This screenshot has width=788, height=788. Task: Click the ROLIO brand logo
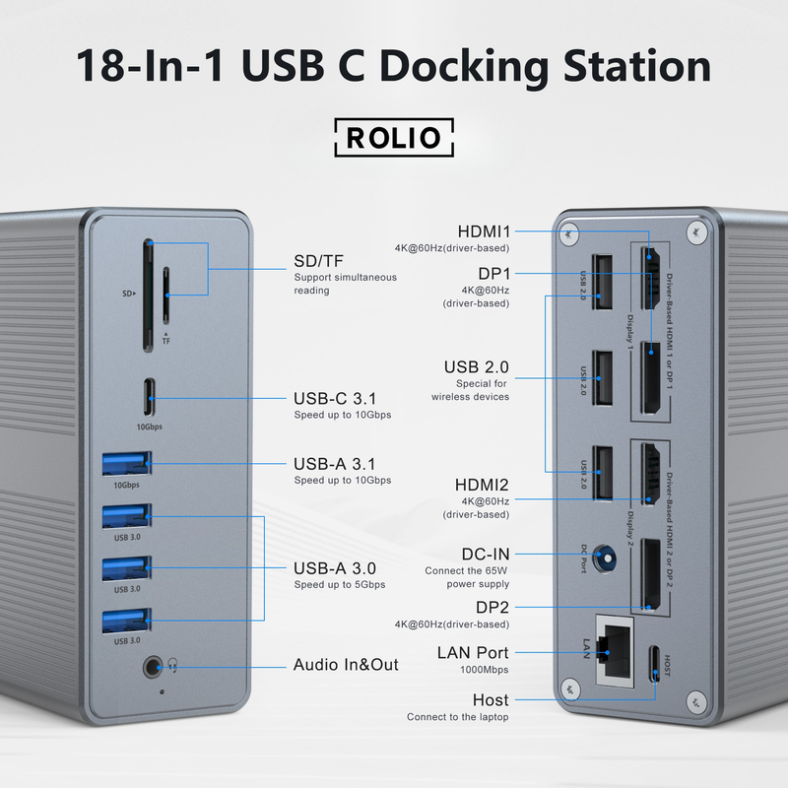tap(394, 137)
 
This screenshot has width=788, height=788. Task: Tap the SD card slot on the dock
tap(148, 295)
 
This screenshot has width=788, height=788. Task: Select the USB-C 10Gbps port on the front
tap(152, 398)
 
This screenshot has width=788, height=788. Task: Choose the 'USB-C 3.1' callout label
tap(335, 399)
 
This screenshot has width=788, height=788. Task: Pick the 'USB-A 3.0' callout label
tap(335, 568)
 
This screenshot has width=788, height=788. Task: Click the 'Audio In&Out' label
tap(346, 665)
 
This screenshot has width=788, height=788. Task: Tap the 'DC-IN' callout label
tap(486, 555)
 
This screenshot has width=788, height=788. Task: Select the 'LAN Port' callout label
tap(473, 652)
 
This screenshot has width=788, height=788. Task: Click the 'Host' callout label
tap(490, 700)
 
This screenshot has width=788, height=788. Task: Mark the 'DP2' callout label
tap(492, 608)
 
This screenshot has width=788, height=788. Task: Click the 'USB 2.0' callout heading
tap(476, 367)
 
